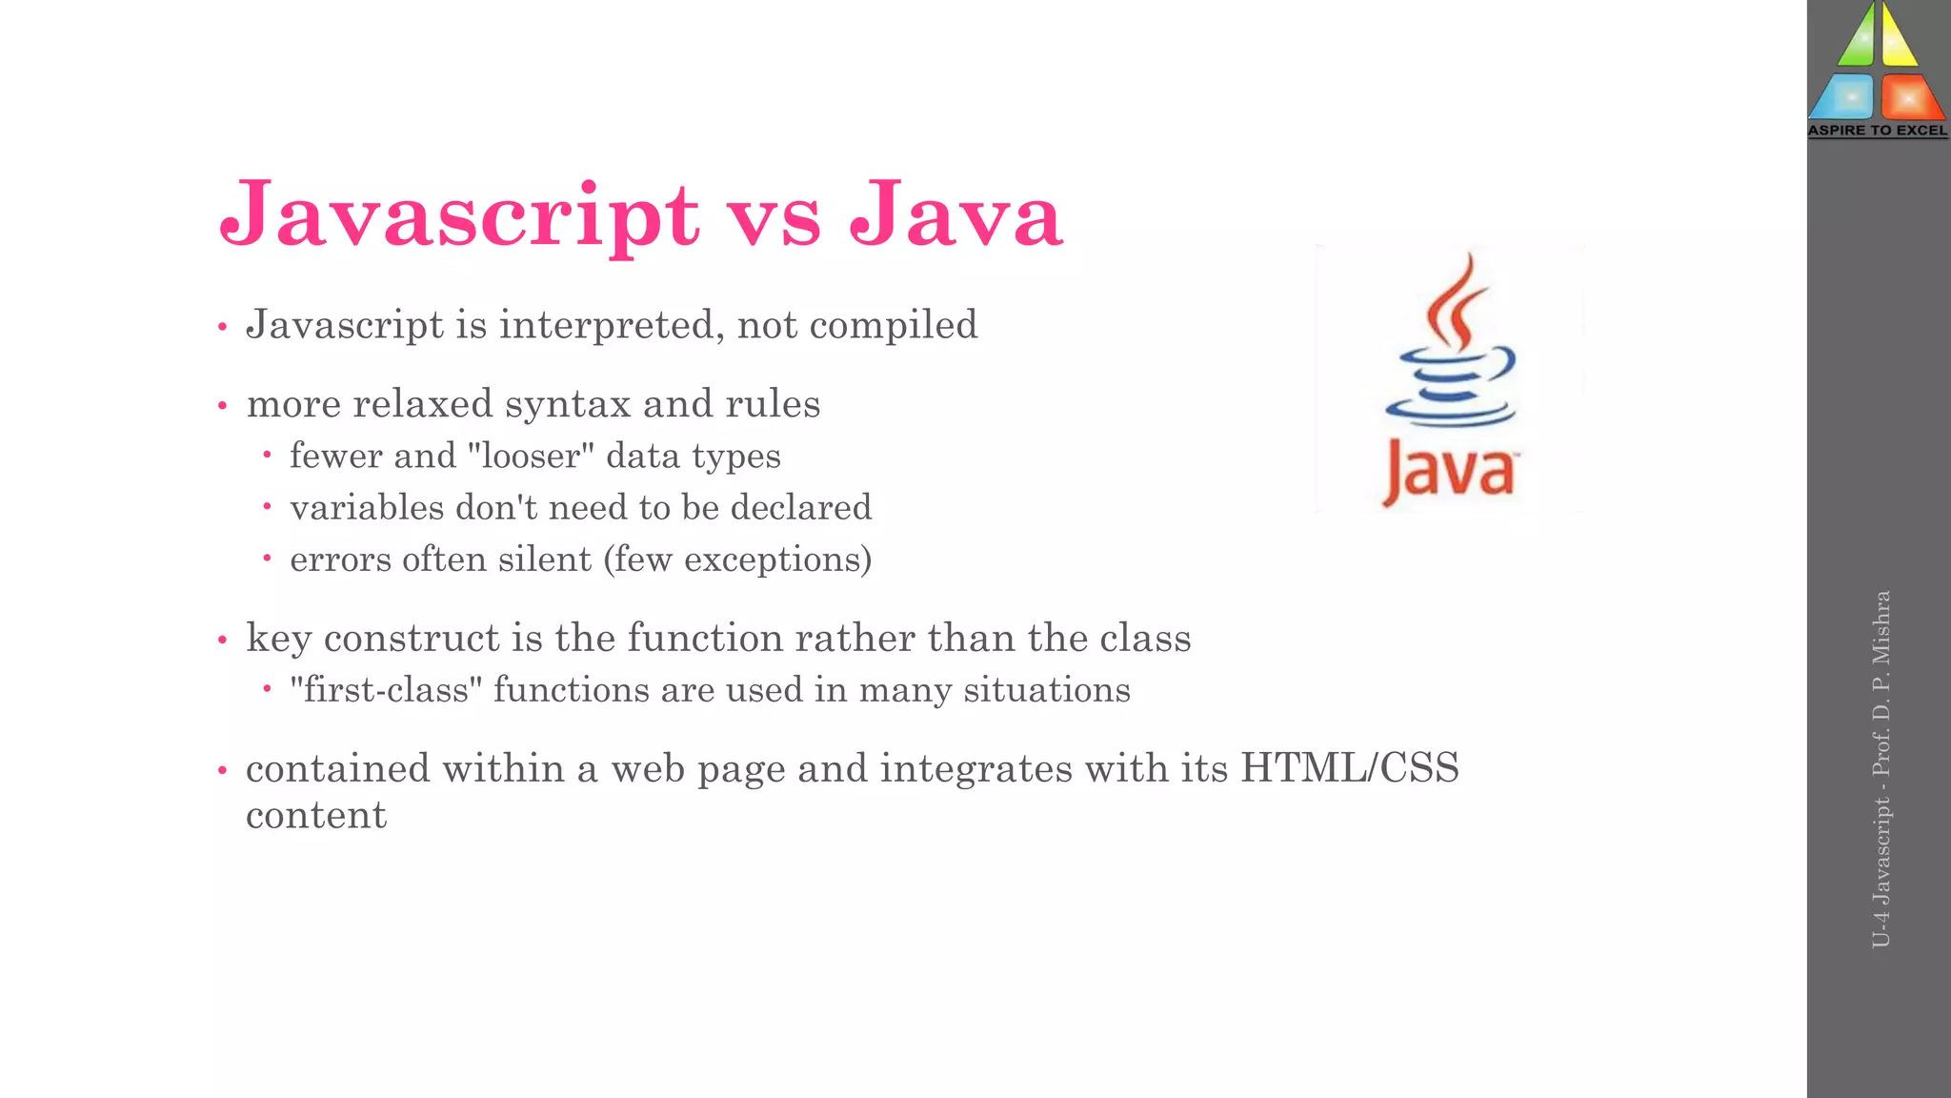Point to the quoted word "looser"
pyautogui.click(x=531, y=456)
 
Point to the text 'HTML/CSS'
pyautogui.click(x=1349, y=768)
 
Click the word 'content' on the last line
pyautogui.click(x=316, y=816)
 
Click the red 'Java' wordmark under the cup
pyautogui.click(x=1449, y=471)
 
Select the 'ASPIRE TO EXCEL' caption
pyautogui.click(x=1878, y=131)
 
